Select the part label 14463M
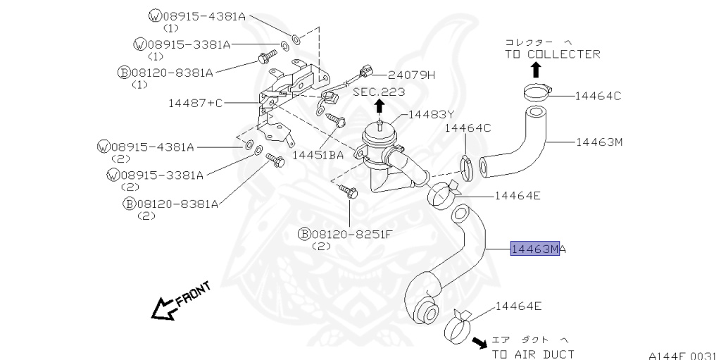click(599, 142)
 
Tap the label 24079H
click(412, 75)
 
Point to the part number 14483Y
click(432, 114)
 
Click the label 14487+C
click(195, 103)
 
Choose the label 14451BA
click(318, 154)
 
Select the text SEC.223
click(380, 92)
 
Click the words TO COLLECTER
click(552, 54)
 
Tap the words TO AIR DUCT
click(533, 354)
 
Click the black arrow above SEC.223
click(380, 106)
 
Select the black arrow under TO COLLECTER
click(536, 69)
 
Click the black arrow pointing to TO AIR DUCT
click(479, 343)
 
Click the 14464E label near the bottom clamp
click(520, 306)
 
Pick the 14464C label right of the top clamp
click(598, 96)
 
